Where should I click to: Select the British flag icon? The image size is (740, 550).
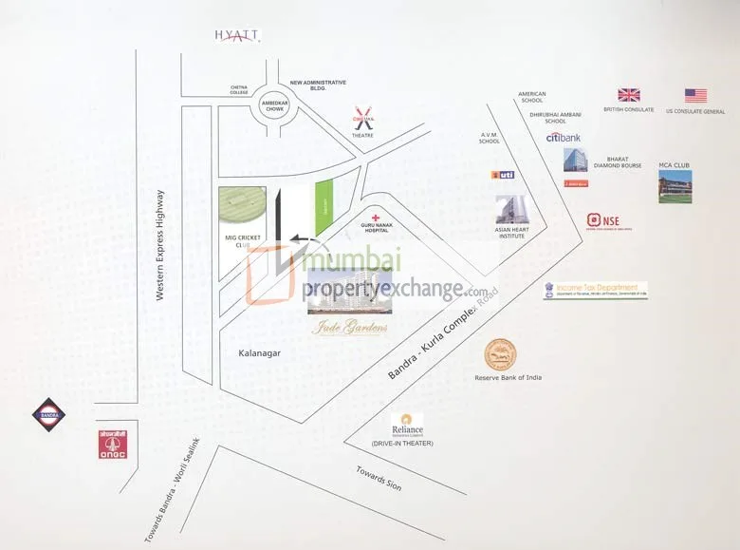[x=628, y=95]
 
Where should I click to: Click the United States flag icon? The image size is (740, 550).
[x=695, y=95]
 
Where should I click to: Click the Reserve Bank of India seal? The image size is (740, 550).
[x=501, y=355]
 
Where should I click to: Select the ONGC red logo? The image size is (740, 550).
[x=112, y=444]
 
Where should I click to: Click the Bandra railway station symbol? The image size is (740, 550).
[x=50, y=414]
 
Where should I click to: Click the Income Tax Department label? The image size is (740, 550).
[x=596, y=290]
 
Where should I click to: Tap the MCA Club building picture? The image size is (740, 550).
[x=675, y=186]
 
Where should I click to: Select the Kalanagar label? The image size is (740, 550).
[x=259, y=352]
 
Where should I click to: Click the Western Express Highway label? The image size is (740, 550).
[x=161, y=246]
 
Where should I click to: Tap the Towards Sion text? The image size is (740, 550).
[x=379, y=478]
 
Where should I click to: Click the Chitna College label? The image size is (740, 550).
[x=239, y=91]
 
